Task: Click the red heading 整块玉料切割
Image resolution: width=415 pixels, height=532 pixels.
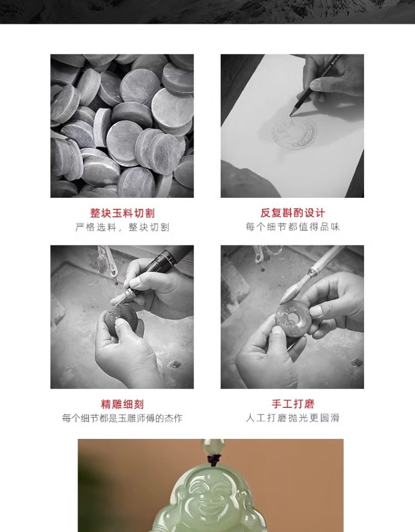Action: click(x=122, y=213)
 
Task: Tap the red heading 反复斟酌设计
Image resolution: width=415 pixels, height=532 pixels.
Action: click(x=292, y=213)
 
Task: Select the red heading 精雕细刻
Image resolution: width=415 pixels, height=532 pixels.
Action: click(x=122, y=404)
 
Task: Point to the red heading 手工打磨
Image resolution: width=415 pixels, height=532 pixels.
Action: click(x=292, y=404)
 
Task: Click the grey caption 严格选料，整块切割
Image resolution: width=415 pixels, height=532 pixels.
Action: click(x=122, y=227)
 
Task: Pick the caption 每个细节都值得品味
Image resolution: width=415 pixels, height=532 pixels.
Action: click(x=292, y=227)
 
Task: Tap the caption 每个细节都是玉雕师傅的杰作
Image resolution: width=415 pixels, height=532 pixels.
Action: click(x=122, y=418)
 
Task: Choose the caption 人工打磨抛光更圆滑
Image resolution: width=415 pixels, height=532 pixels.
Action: click(x=292, y=418)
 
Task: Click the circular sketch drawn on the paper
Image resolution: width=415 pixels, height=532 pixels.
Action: click(x=294, y=134)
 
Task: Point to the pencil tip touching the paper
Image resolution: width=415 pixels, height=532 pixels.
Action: click(x=290, y=115)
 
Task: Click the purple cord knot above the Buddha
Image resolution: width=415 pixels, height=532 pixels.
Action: click(x=212, y=459)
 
